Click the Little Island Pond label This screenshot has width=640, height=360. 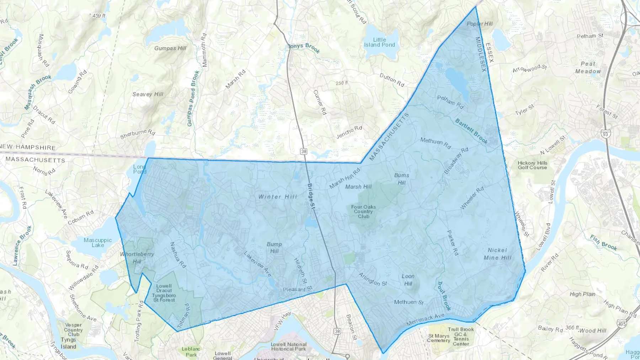[x=379, y=42]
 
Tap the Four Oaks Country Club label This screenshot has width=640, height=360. [x=363, y=211]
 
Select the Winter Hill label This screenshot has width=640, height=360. [x=277, y=197]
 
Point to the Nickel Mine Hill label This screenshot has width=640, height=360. [x=497, y=254]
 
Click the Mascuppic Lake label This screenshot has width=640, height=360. [x=98, y=243]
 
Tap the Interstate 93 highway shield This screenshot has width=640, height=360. [x=605, y=134]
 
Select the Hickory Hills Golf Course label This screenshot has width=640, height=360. [x=532, y=165]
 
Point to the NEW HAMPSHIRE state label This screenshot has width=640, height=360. [x=28, y=147]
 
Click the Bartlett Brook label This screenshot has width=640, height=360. [x=471, y=131]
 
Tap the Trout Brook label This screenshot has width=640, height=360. [x=444, y=296]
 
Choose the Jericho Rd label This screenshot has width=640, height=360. [x=349, y=132]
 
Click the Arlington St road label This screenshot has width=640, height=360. [x=373, y=279]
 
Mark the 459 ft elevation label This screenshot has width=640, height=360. [x=98, y=16]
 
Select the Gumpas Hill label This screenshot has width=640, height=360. [x=170, y=48]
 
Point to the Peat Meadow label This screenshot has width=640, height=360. [x=588, y=68]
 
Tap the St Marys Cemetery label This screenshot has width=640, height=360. [x=438, y=338]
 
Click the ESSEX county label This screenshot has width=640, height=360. [x=490, y=53]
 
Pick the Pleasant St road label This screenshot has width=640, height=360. [x=297, y=290]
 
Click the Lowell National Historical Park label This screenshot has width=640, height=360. [x=289, y=346]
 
